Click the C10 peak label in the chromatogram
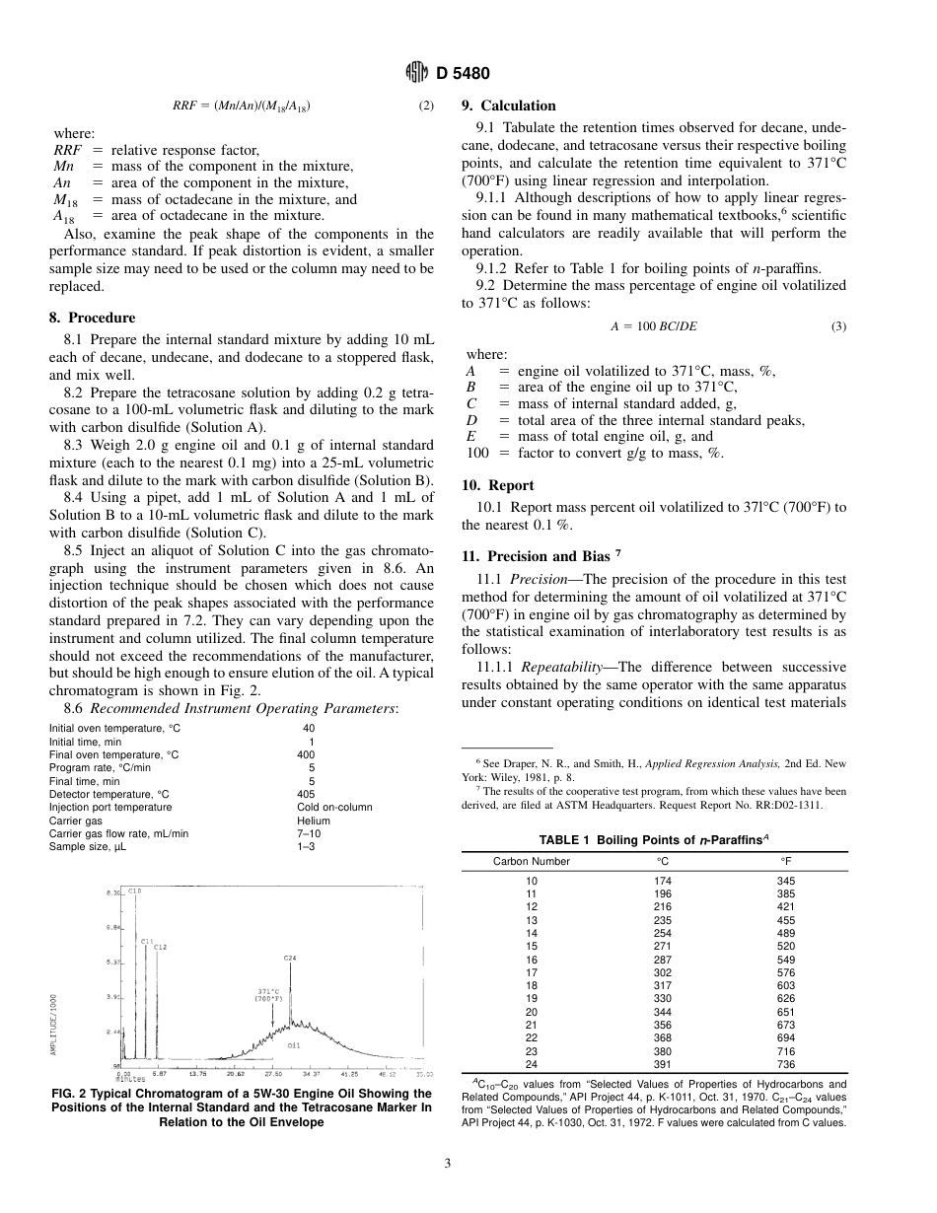(x=135, y=891)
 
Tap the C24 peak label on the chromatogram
(x=289, y=958)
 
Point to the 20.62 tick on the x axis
(x=236, y=1073)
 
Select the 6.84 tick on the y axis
(x=113, y=927)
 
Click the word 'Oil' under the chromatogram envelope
(x=294, y=1043)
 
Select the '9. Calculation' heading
(x=509, y=106)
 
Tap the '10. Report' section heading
(x=498, y=485)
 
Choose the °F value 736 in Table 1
(x=786, y=1064)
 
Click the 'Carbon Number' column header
(x=532, y=861)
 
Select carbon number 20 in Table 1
(x=532, y=1012)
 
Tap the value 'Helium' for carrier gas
(x=314, y=821)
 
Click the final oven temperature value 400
(x=306, y=754)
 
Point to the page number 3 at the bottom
(x=448, y=1164)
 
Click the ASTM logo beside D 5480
(x=416, y=73)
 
